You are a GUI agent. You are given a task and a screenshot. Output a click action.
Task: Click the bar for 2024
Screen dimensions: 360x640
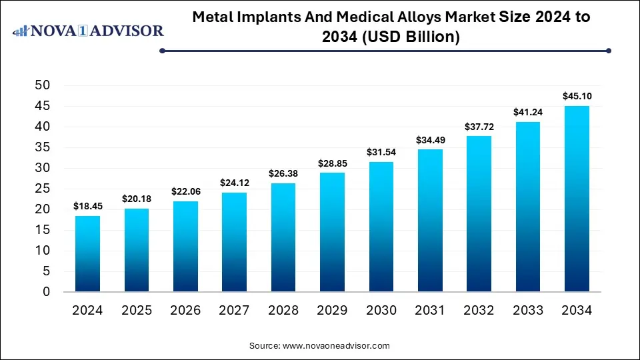(87, 253)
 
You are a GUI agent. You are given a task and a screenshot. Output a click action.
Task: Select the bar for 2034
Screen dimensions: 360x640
(577, 199)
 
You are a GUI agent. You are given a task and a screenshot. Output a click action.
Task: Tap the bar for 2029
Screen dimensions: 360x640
(332, 232)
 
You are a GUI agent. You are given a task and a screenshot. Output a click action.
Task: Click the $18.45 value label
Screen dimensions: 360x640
(87, 207)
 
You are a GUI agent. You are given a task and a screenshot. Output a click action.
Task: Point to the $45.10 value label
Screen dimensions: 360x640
(577, 96)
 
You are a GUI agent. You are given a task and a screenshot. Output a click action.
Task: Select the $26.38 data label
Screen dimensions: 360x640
(283, 173)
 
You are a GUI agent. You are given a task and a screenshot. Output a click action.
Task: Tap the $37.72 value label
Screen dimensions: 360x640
(479, 127)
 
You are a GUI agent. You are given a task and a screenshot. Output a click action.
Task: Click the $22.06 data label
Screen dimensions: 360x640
(185, 191)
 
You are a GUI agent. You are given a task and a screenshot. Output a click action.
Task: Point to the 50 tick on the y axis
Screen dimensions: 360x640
(42, 85)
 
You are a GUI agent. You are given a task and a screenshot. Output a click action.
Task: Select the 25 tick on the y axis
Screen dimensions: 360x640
(42, 189)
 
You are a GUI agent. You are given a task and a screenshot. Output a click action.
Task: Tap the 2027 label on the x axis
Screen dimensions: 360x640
(233, 310)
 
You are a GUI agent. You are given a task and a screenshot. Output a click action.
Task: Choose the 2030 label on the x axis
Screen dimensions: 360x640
(381, 310)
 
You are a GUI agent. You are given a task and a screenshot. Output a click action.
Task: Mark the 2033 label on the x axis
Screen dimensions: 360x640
(528, 310)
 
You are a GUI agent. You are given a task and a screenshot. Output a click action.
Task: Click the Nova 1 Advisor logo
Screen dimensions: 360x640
(88, 31)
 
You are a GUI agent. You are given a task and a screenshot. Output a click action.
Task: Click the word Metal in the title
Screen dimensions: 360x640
(213, 17)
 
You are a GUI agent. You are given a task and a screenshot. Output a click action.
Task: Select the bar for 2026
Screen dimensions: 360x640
(185, 247)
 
